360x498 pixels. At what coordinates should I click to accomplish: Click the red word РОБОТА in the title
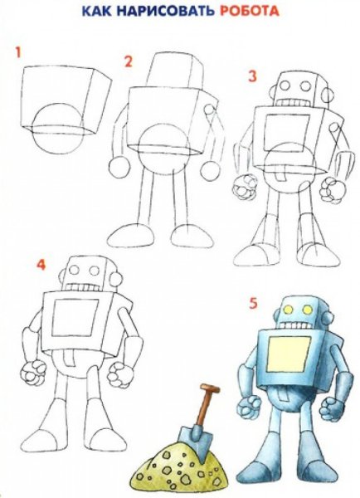[249, 11]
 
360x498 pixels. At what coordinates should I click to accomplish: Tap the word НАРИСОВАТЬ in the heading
[165, 11]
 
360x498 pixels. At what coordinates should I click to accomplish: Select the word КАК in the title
[97, 11]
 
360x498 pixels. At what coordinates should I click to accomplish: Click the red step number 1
[18, 52]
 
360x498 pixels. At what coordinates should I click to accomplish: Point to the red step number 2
[128, 61]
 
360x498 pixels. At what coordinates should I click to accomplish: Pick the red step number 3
[252, 76]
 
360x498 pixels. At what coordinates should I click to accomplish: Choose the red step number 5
[253, 303]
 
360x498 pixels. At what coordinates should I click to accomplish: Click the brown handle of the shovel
[205, 406]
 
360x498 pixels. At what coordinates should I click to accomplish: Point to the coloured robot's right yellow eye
[307, 310]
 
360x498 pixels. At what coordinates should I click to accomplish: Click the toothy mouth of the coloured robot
[296, 326]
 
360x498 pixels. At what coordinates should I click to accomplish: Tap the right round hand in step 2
[210, 171]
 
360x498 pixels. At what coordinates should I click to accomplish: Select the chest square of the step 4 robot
[75, 317]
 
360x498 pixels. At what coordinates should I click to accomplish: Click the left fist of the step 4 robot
[32, 373]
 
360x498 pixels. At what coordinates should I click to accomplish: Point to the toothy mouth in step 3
[292, 103]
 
